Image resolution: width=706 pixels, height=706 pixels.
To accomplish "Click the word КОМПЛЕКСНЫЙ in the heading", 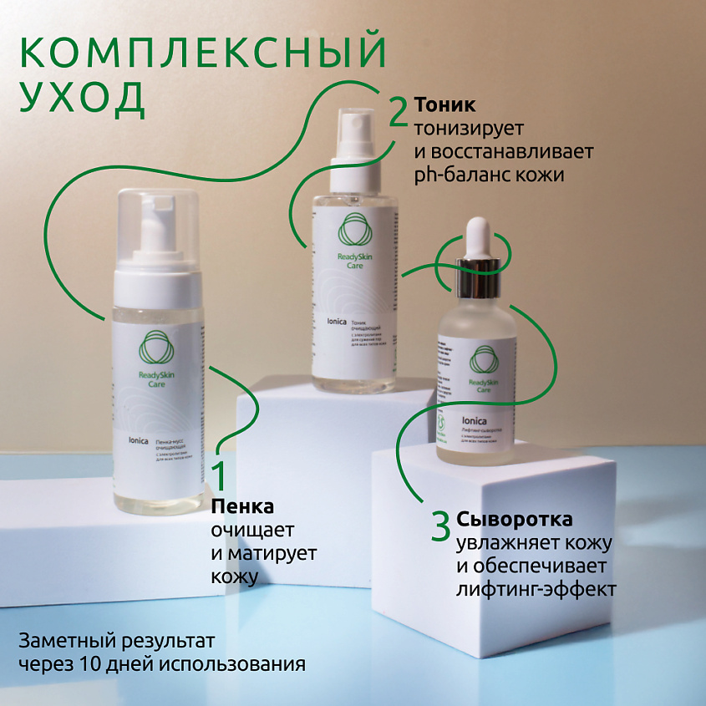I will pos(202,52).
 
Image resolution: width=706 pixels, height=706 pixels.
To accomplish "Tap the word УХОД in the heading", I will pos(81,98).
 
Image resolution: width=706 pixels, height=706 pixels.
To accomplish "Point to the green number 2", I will pos(398,113).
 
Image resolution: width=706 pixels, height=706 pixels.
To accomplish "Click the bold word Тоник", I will pos(445,105).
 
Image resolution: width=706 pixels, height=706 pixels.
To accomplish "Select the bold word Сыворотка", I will pos(515,519).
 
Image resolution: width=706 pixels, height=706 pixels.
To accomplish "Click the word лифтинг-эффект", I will pos(536,589).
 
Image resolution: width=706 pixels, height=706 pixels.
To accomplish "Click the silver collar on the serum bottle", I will pos(476,268).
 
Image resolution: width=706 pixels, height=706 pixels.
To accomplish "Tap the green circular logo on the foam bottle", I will pos(155,348).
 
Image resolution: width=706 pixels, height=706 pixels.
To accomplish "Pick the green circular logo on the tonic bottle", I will pos(353,230).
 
